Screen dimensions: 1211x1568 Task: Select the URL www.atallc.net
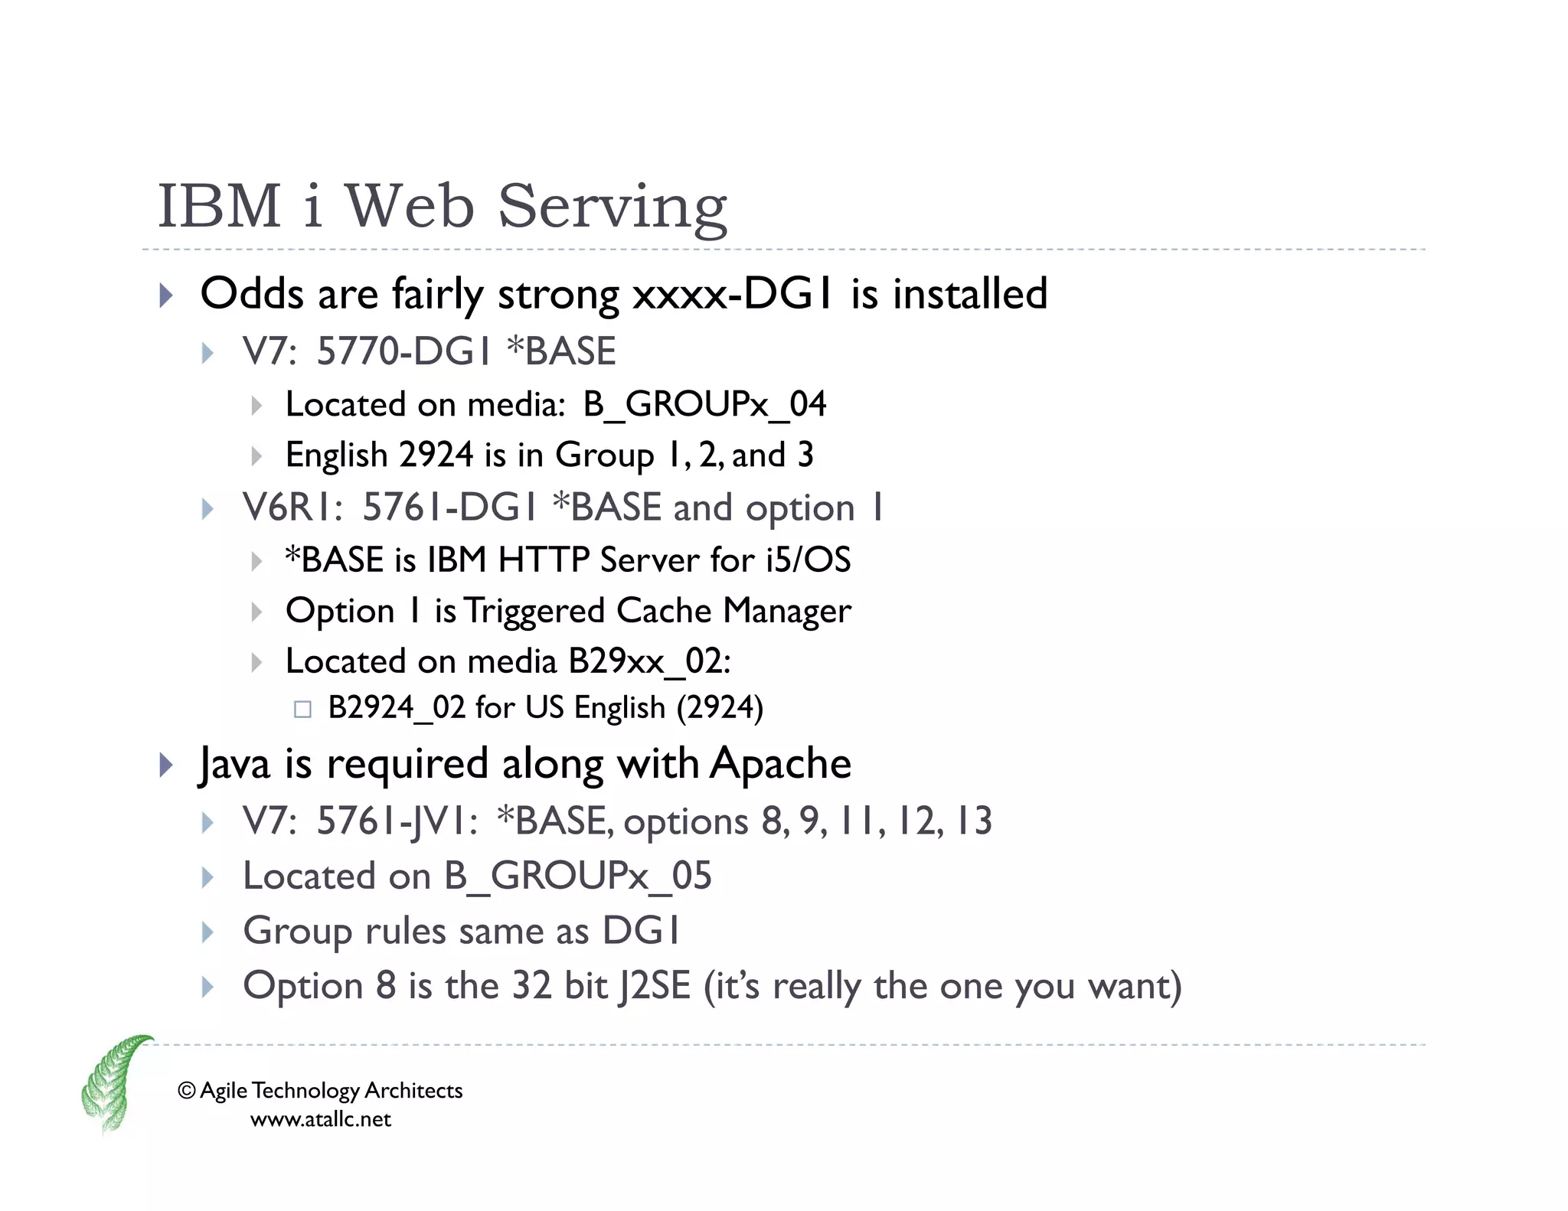point(320,1119)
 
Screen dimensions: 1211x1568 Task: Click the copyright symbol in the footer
point(186,1090)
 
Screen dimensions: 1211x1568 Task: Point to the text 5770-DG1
point(403,351)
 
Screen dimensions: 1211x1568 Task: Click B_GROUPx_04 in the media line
point(704,404)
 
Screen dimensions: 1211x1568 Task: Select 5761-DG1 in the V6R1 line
point(449,508)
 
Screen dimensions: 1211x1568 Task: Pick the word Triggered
point(534,611)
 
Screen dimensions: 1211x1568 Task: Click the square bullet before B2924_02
point(302,709)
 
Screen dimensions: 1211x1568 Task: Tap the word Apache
point(780,763)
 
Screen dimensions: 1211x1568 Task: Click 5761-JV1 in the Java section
point(397,821)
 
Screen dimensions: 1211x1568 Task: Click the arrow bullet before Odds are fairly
point(166,295)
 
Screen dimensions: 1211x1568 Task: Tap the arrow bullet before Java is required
point(166,765)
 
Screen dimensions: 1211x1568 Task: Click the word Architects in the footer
point(413,1090)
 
